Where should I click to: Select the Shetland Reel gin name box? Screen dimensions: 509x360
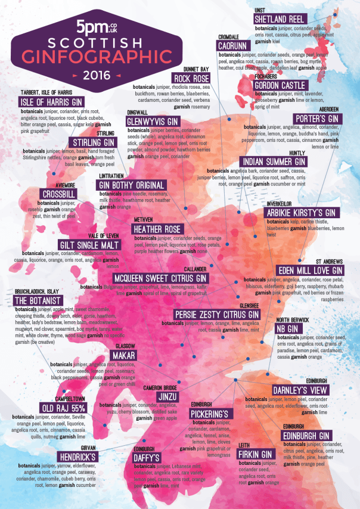(x=280, y=18)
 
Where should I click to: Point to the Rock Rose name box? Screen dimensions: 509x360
(x=192, y=79)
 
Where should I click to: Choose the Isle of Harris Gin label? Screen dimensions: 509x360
(x=52, y=103)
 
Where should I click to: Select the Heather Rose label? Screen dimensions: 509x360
(x=157, y=229)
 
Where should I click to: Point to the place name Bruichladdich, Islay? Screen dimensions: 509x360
(x=36, y=291)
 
